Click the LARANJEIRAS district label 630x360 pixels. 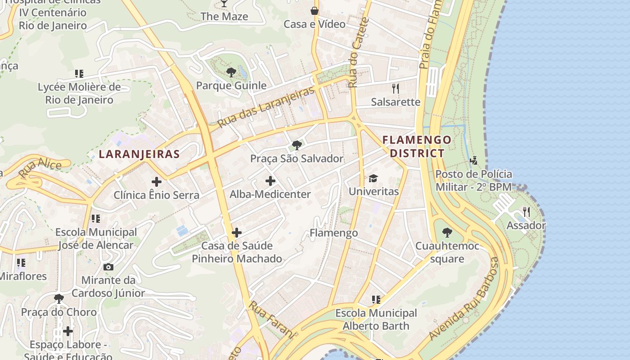pos(139,154)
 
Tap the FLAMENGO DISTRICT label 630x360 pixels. pos(417,146)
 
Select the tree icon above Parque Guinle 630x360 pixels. pos(231,72)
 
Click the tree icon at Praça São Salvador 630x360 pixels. pos(297,145)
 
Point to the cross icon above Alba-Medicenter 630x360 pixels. pos(270,181)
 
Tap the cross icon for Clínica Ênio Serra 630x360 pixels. pos(156,182)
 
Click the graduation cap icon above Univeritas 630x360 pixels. pos(373,179)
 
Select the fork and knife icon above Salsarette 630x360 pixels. pos(396,88)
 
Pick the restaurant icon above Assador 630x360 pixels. pos(526,212)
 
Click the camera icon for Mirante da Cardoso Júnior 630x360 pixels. pos(108,267)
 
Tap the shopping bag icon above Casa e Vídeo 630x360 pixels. pos(314,11)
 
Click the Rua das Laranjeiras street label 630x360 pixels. pos(265,107)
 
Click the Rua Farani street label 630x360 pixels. pos(272,319)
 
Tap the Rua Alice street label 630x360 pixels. pos(40,167)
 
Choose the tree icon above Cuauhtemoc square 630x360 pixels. pos(447,233)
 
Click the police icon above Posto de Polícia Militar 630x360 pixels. pos(473,161)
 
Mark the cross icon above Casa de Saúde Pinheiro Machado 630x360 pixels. pos(236,233)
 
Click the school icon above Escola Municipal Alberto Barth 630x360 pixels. pos(376,299)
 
